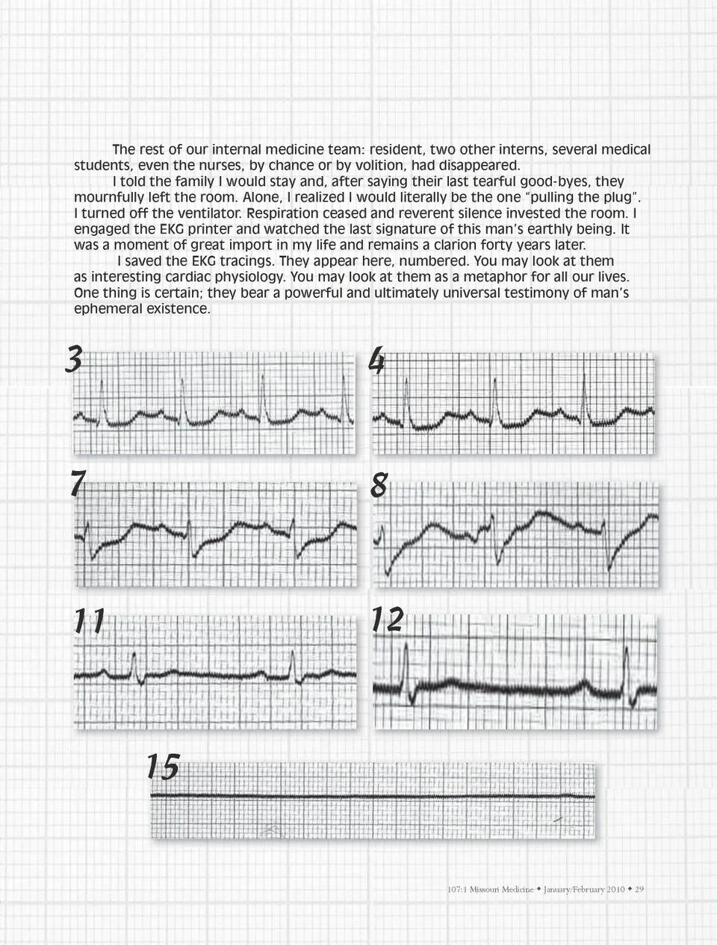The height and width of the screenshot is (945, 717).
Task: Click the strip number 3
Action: (x=73, y=361)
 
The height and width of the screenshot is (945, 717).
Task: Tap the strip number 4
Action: (x=377, y=363)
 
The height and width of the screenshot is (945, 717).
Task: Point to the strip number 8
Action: (x=379, y=486)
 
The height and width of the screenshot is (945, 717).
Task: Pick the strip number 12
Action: (x=388, y=620)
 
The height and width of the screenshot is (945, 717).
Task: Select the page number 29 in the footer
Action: (x=639, y=889)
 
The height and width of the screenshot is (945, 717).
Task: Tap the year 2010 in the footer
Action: (x=615, y=889)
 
